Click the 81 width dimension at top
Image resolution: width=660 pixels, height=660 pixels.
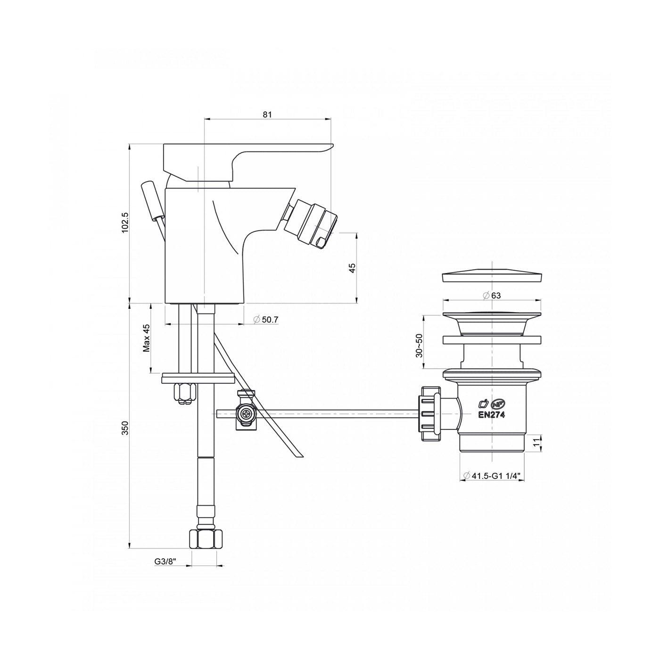coord(267,114)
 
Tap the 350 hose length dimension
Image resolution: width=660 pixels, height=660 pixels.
coord(124,428)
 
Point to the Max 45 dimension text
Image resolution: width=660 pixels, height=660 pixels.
coord(146,338)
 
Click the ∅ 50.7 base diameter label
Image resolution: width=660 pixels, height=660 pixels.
coord(266,320)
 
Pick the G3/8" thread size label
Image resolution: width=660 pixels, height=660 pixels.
coord(165,561)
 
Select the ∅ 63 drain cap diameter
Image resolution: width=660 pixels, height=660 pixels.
coord(492,296)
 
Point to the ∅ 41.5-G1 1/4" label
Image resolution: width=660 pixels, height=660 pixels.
coord(492,476)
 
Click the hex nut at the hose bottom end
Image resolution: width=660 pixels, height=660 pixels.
coord(205,538)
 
